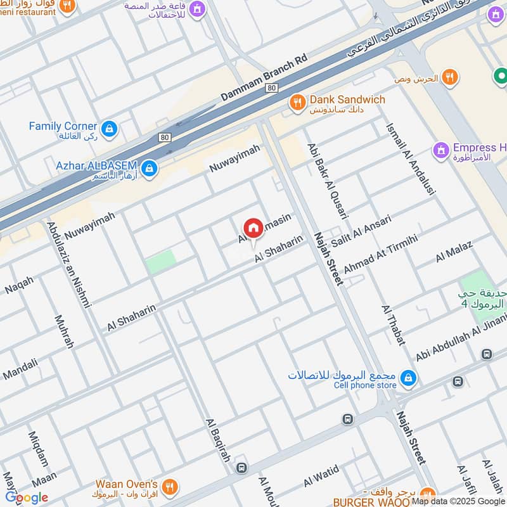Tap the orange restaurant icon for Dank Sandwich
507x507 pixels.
[296, 101]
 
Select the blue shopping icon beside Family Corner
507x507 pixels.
[109, 129]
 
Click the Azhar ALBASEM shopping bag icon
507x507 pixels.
[150, 168]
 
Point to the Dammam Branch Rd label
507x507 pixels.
[263, 77]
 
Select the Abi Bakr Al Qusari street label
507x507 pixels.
[327, 181]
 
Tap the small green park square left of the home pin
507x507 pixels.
[161, 262]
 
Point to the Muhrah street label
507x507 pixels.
[65, 331]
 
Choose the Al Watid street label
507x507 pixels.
[321, 475]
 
